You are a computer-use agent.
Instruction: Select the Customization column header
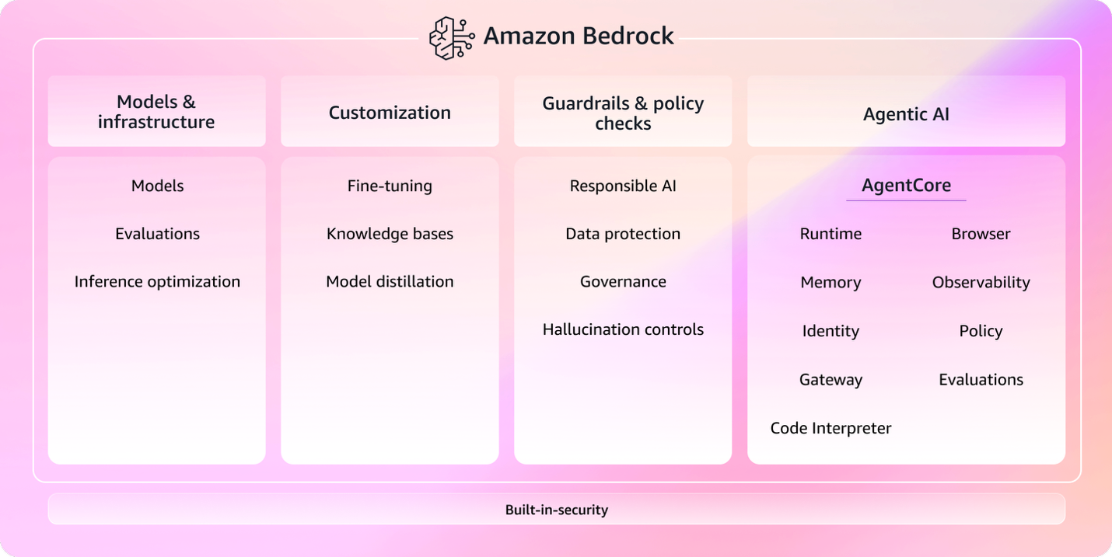click(x=390, y=113)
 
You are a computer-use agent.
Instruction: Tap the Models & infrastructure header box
click(x=156, y=112)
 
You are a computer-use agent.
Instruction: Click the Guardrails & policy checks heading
click(x=623, y=113)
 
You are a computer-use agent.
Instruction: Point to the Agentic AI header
click(x=906, y=114)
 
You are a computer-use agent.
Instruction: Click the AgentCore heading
click(x=906, y=186)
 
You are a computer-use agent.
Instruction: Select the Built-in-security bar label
click(x=556, y=510)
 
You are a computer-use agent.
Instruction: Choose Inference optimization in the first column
click(x=157, y=282)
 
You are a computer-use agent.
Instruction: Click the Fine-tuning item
click(x=390, y=186)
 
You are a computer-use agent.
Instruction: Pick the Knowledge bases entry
click(x=390, y=234)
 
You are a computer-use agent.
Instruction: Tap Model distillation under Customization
click(x=390, y=282)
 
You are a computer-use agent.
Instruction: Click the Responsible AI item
click(x=623, y=186)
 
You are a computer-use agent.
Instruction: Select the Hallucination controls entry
click(x=623, y=329)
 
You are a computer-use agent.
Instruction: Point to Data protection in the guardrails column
click(x=623, y=234)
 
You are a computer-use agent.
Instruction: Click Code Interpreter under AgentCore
click(x=831, y=428)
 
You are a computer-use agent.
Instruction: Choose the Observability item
click(x=981, y=283)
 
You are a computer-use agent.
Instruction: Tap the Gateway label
click(x=831, y=380)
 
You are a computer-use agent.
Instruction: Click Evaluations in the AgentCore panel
click(x=981, y=380)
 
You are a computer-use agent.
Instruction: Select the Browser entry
click(x=981, y=234)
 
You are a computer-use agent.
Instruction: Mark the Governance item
click(x=623, y=282)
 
